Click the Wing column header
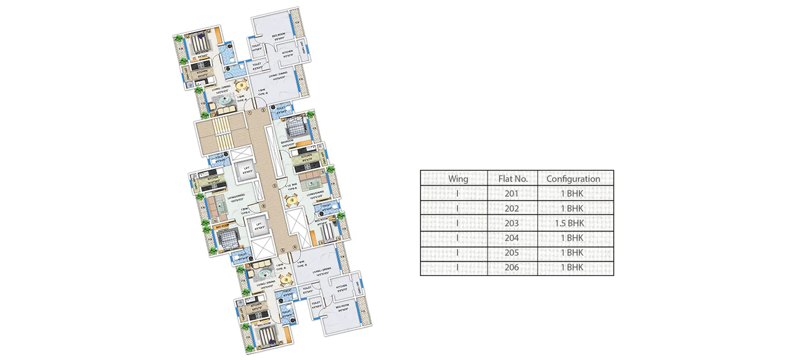[x=458, y=178]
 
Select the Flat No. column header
[x=512, y=178]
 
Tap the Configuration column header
[x=573, y=178]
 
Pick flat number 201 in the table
[x=512, y=193]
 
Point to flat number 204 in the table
[x=512, y=238]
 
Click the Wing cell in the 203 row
[x=458, y=223]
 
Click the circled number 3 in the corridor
[x=274, y=186]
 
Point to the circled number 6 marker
[x=263, y=206]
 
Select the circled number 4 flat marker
[x=295, y=247]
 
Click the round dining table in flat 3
[x=292, y=199]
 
